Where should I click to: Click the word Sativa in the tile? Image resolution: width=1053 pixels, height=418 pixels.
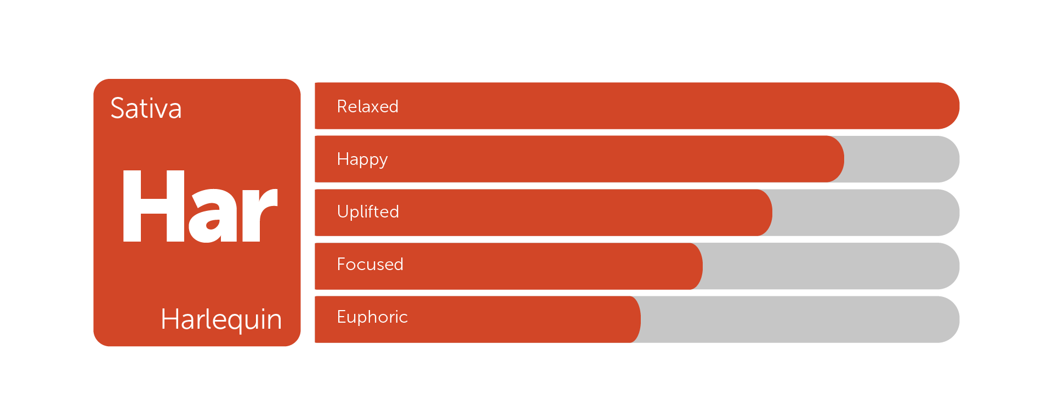(146, 108)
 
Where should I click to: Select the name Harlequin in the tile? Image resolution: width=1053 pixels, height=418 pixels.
(221, 319)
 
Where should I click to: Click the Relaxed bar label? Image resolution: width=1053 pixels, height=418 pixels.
(367, 106)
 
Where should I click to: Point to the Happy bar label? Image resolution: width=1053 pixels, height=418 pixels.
(362, 160)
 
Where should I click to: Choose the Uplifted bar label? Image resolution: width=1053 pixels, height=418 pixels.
(368, 211)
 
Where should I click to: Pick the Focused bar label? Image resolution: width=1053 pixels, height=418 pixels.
(370, 264)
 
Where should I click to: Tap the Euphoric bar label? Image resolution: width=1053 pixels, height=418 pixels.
(372, 317)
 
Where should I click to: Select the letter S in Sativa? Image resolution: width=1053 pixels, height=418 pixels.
(118, 108)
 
